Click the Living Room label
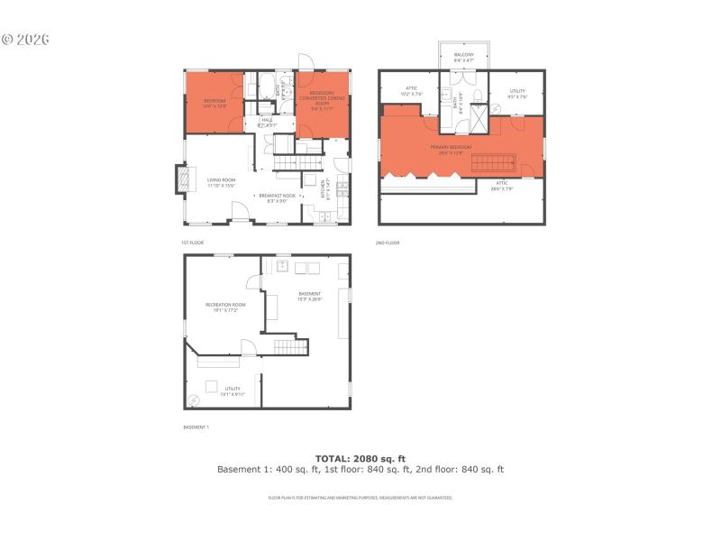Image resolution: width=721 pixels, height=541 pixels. [221, 183]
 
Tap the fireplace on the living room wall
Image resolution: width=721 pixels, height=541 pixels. [184, 179]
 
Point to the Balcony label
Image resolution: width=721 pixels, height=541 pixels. [463, 57]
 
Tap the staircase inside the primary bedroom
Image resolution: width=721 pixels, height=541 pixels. [493, 162]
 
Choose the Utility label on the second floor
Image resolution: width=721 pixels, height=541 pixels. [517, 93]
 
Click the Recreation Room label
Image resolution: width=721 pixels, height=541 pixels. [225, 307]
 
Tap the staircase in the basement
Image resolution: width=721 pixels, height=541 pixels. [287, 348]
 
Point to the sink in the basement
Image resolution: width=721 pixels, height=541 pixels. [282, 266]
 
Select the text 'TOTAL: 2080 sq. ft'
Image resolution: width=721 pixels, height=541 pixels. [360, 458]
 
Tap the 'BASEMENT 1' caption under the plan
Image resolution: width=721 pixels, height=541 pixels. [196, 426]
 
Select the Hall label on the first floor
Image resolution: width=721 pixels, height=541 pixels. [267, 122]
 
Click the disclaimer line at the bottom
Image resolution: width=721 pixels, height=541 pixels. [360, 498]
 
